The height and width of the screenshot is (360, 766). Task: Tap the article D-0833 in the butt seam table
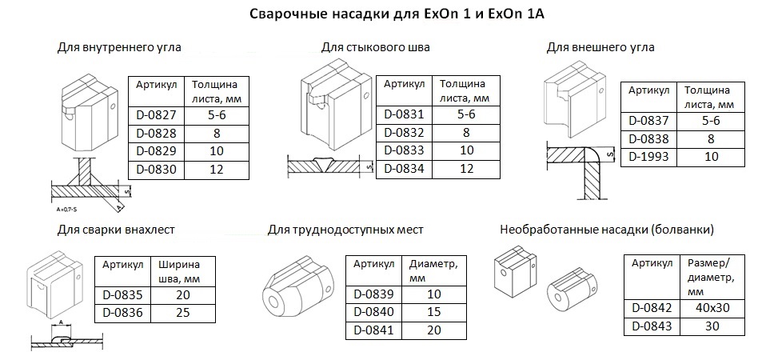(x=404, y=150)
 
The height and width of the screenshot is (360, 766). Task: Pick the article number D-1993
(x=648, y=157)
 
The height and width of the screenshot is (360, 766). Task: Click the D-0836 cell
(x=122, y=313)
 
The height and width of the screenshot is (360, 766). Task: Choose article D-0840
(x=373, y=312)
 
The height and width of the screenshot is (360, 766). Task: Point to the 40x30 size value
(x=712, y=308)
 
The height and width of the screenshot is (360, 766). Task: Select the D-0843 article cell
(x=652, y=326)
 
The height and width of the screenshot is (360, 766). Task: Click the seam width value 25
(x=183, y=313)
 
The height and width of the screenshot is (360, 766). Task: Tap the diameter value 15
(x=433, y=312)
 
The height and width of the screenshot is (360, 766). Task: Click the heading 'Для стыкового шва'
(x=376, y=48)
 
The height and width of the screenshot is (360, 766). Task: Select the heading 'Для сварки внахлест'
(x=116, y=230)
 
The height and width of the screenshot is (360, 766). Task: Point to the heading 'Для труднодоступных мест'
(x=345, y=230)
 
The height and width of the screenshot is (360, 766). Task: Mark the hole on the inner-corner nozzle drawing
(x=113, y=106)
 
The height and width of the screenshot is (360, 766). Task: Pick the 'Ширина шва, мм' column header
(x=179, y=271)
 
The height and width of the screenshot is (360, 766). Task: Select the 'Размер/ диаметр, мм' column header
(x=711, y=277)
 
